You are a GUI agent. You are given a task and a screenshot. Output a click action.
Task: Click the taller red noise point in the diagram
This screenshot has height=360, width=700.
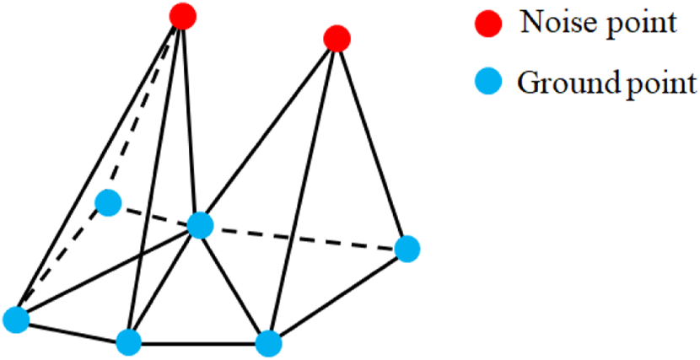(x=182, y=15)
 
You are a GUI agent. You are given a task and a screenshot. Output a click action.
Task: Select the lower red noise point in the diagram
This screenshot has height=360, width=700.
(x=337, y=38)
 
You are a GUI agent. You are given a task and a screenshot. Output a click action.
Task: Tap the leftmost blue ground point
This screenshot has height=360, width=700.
(x=16, y=320)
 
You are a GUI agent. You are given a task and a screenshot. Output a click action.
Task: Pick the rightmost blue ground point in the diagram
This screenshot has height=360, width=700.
(x=407, y=249)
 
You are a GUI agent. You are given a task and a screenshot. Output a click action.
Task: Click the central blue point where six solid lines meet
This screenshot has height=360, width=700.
(x=200, y=225)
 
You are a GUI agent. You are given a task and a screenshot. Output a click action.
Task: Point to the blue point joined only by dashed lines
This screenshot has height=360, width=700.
(x=108, y=203)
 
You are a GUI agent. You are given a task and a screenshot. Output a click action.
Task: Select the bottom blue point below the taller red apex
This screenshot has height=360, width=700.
(x=128, y=341)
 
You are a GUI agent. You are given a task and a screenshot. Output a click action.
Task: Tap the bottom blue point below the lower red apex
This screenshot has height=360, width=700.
(x=267, y=342)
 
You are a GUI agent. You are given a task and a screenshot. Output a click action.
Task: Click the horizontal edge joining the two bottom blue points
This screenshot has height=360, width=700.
(x=198, y=342)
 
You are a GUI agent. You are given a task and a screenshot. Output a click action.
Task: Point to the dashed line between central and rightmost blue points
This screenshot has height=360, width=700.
(x=304, y=237)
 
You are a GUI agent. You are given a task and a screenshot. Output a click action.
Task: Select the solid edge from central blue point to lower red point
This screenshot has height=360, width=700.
(x=268, y=132)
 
